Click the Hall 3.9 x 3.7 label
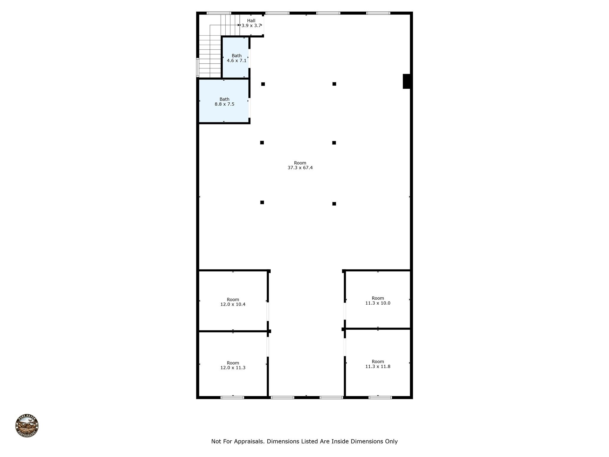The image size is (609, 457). click(x=251, y=23)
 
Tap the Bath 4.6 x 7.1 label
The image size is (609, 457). click(x=237, y=58)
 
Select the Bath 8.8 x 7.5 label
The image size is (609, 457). click(x=225, y=102)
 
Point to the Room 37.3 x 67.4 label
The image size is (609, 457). click(x=300, y=165)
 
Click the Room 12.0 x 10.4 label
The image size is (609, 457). click(x=233, y=302)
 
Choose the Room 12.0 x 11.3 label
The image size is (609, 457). click(x=233, y=365)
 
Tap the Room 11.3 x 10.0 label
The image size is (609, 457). click(x=378, y=301)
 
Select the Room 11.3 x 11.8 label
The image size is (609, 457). click(x=378, y=364)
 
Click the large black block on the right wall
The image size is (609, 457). click(x=406, y=81)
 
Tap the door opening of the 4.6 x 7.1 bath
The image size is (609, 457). click(x=249, y=58)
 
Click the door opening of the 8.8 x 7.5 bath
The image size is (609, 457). click(x=249, y=108)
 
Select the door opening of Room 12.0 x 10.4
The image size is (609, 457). click(x=268, y=312)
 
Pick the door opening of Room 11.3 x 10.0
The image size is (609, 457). click(x=345, y=311)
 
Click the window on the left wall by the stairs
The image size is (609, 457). click(x=197, y=68)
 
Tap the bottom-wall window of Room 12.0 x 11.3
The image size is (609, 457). click(x=232, y=397)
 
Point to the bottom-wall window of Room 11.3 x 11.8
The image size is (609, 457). click(x=380, y=397)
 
